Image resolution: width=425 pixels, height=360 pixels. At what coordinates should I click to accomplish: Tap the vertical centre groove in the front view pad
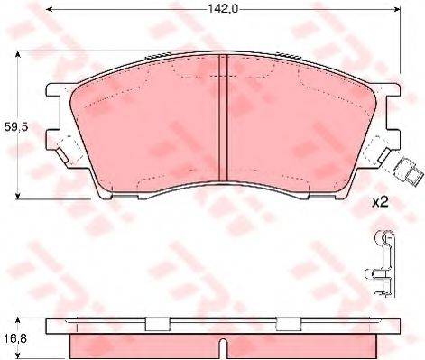click(223, 126)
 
